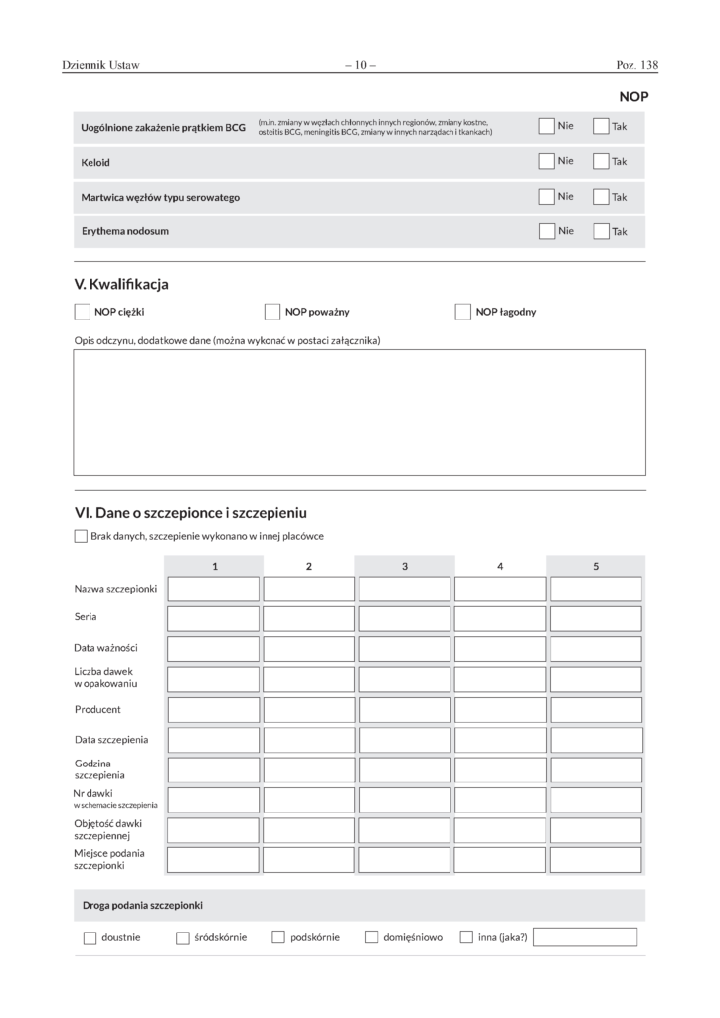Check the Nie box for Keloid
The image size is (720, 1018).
click(x=546, y=161)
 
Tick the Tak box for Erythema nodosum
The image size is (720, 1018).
click(x=601, y=231)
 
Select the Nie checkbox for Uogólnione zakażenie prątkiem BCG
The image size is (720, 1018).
click(x=546, y=126)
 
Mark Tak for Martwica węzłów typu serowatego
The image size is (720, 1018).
click(x=601, y=196)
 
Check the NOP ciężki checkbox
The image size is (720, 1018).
click(x=83, y=312)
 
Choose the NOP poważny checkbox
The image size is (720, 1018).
click(x=272, y=312)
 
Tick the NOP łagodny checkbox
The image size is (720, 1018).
click(x=462, y=312)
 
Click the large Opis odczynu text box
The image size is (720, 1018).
click(x=359, y=412)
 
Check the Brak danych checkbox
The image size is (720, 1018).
click(x=81, y=536)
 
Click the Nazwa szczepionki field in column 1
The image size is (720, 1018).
click(x=213, y=589)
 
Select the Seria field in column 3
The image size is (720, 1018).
click(x=404, y=618)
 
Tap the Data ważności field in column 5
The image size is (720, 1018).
click(x=596, y=648)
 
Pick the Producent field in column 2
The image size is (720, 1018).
click(x=308, y=709)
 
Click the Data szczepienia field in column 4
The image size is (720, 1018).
click(x=500, y=740)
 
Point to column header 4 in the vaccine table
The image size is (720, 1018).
click(x=500, y=566)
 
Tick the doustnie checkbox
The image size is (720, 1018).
click(x=90, y=937)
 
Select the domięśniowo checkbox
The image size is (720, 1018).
click(x=371, y=937)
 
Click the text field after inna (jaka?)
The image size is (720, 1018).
click(x=585, y=936)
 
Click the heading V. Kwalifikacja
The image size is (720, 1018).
click(x=121, y=285)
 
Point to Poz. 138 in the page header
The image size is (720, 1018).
click(x=637, y=65)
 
